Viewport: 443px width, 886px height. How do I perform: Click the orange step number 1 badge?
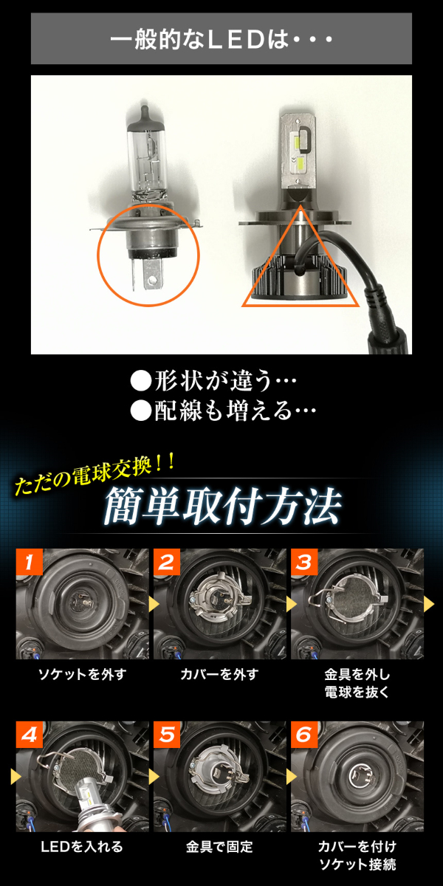[30, 562]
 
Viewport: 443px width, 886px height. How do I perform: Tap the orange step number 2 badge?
[167, 562]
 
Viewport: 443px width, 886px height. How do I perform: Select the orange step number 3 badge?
[304, 562]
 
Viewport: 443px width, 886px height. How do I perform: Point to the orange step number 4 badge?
[30, 735]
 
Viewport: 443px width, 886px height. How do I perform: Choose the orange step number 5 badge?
[167, 735]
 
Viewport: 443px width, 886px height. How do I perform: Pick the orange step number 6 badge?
[304, 735]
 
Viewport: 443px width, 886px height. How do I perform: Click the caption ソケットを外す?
[82, 674]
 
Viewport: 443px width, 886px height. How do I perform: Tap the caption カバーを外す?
[219, 674]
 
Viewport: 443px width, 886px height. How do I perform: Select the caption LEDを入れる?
[82, 846]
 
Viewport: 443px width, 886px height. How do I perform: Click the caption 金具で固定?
[219, 846]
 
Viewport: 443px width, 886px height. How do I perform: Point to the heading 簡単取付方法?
[223, 506]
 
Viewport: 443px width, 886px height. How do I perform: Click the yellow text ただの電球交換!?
[95, 474]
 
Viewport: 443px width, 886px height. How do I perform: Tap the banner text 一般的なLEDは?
[221, 40]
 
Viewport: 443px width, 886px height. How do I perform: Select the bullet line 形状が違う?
[213, 381]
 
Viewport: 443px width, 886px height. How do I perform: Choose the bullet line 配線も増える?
[223, 411]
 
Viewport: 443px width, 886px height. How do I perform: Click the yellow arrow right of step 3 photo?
[429, 604]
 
